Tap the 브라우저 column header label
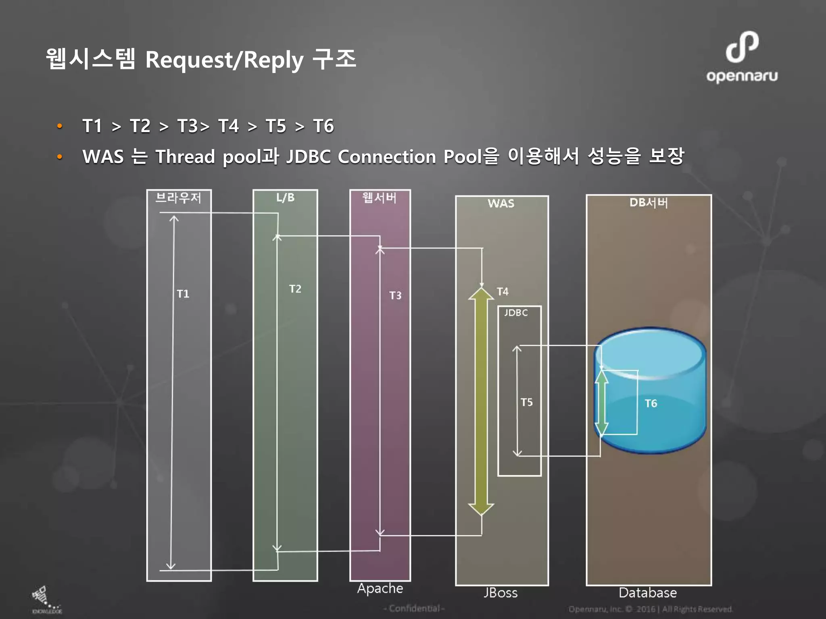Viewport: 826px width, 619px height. pos(178,198)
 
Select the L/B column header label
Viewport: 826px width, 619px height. pos(285,197)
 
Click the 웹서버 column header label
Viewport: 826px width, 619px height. pos(379,197)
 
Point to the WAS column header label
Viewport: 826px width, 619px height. pos(501,203)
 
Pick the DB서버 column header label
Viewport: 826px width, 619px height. pos(649,202)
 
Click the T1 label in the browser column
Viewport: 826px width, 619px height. pos(183,294)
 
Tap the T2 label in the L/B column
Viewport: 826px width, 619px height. pos(295,289)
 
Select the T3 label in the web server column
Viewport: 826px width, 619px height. pos(395,295)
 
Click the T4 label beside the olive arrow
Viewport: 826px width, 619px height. pos(503,291)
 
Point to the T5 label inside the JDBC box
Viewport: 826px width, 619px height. pos(526,402)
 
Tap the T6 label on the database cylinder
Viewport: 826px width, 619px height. pos(651,403)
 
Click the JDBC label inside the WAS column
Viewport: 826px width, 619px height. pos(516,313)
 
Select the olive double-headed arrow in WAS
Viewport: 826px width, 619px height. pos(481,401)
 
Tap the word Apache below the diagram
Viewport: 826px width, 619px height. pos(380,588)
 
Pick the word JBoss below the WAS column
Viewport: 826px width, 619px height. pos(501,593)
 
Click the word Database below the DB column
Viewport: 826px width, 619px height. pos(648,593)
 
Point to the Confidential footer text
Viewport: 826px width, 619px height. pos(414,608)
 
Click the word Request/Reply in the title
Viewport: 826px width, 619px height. pos(224,60)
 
